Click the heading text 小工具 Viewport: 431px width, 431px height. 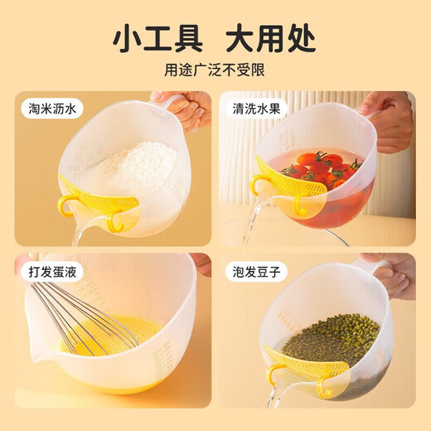(x=158, y=40)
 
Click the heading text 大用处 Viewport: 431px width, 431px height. (x=271, y=40)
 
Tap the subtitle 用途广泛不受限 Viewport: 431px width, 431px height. (x=215, y=70)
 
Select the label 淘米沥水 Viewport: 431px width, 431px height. (x=52, y=109)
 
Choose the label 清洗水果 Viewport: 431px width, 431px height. (x=256, y=109)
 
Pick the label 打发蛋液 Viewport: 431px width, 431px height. (x=52, y=272)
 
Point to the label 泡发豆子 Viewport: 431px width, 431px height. (x=256, y=272)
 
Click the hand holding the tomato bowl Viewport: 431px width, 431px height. (x=392, y=122)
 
